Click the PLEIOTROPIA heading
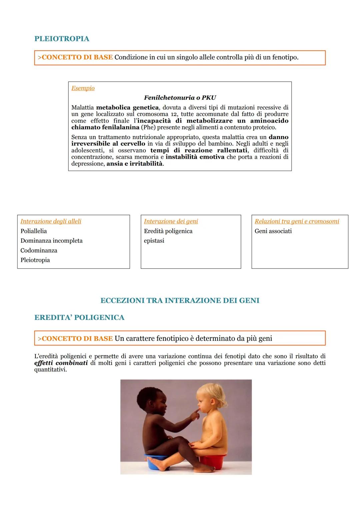click(x=62, y=39)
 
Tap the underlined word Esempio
click(x=83, y=88)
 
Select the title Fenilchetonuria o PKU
click(x=180, y=98)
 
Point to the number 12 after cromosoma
click(x=174, y=114)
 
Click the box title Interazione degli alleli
click(x=51, y=221)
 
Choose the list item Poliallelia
click(x=34, y=231)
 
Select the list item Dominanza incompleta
click(x=51, y=241)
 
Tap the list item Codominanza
click(x=39, y=250)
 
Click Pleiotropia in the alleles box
click(x=35, y=260)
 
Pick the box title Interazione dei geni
click(x=171, y=221)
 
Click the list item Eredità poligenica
click(x=168, y=231)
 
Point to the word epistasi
click(x=154, y=241)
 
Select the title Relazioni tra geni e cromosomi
click(x=297, y=221)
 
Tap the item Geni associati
click(x=273, y=231)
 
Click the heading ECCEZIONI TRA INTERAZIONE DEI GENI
click(x=180, y=300)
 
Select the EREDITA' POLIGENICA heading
click(x=79, y=317)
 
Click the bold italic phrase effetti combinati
click(x=61, y=363)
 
